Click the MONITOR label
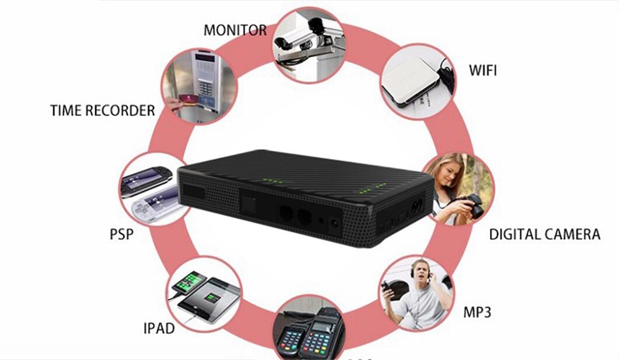[x=235, y=30]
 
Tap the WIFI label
[x=482, y=70]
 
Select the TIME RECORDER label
[x=103, y=110]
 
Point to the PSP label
[x=121, y=234]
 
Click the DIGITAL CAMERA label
[x=545, y=234]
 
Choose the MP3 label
[x=477, y=312]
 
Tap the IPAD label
[x=159, y=328]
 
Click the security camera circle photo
[x=309, y=44]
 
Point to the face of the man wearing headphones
[x=421, y=272]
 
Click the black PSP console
[x=146, y=180]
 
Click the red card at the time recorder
[x=189, y=98]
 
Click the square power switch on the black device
[x=249, y=205]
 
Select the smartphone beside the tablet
[x=189, y=282]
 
